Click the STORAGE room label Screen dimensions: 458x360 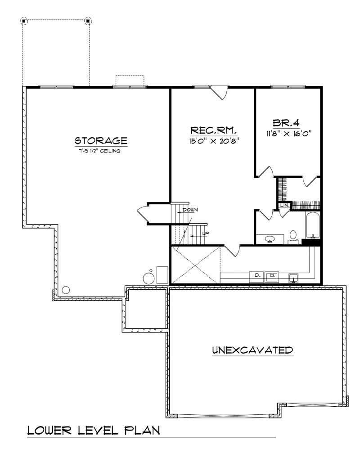coord(101,140)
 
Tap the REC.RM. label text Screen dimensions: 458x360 coord(214,130)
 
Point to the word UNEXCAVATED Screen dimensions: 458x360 coord(252,350)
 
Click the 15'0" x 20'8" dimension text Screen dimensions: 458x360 coord(214,140)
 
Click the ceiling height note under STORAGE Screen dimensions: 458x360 coord(101,151)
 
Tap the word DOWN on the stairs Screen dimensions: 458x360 coord(190,210)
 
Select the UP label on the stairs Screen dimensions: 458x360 coord(205,233)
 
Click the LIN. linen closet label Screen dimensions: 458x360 coord(284,206)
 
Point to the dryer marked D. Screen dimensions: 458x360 coord(257,274)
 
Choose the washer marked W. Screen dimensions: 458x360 coord(272,275)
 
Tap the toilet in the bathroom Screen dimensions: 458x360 coord(293,236)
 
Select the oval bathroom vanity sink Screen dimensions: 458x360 coord(270,238)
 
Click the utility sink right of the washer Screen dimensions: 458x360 coord(293,278)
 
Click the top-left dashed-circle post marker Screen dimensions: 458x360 coord(24,21)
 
